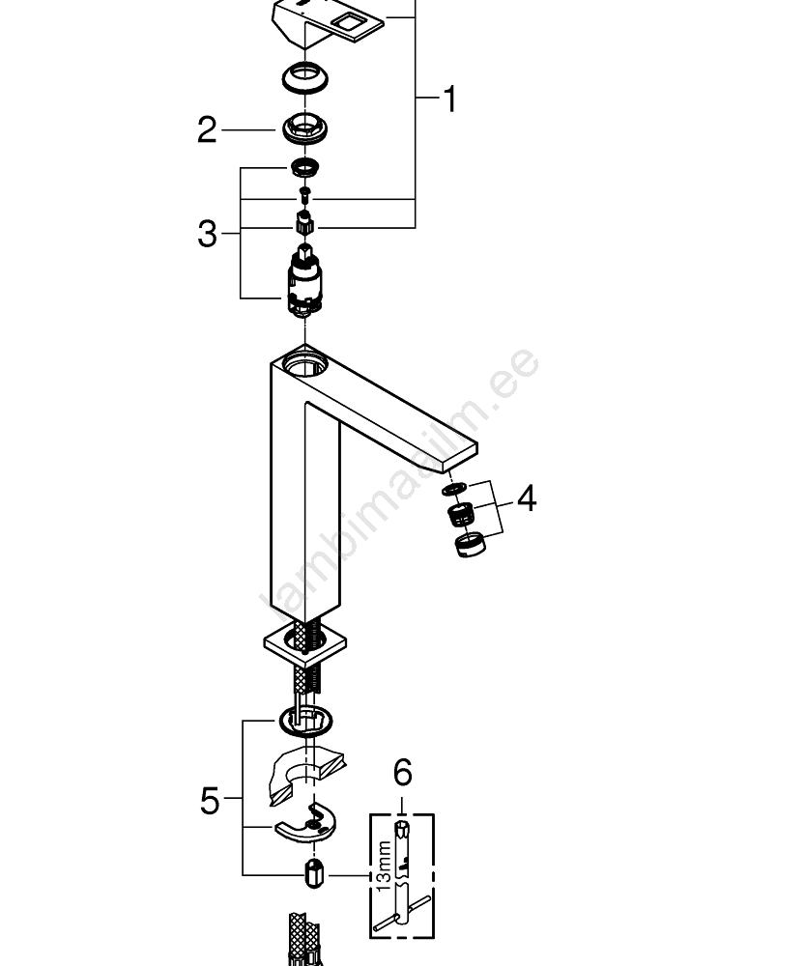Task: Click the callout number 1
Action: click(x=448, y=99)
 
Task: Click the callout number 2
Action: click(x=207, y=129)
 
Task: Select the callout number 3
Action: click(x=207, y=233)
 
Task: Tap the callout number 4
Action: click(x=526, y=499)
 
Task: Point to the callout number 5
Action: click(x=210, y=801)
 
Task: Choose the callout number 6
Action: click(x=402, y=772)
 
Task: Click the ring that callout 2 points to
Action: click(x=304, y=127)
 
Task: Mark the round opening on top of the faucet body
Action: click(x=305, y=364)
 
